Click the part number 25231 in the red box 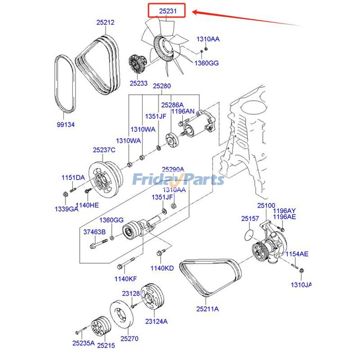pyautogui.click(x=167, y=9)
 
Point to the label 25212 pyautogui.click(x=105, y=22)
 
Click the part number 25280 pyautogui.click(x=162, y=86)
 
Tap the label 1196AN pyautogui.click(x=183, y=111)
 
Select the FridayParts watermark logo pyautogui.click(x=178, y=180)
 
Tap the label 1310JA pyautogui.click(x=301, y=284)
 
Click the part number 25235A pyautogui.click(x=83, y=343)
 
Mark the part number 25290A pyautogui.click(x=173, y=170)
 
